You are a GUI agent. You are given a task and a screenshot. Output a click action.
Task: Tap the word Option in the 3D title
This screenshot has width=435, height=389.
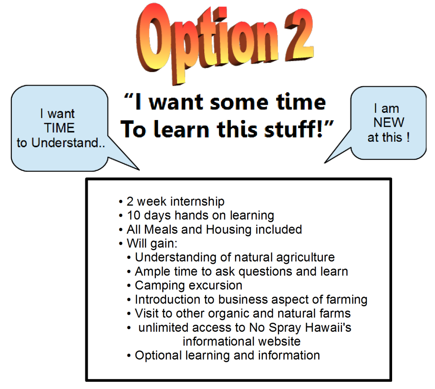click(x=207, y=42)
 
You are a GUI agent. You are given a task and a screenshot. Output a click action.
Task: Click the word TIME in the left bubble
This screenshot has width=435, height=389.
click(x=59, y=128)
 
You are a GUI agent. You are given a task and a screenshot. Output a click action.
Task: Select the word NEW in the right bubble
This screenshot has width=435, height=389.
click(x=389, y=123)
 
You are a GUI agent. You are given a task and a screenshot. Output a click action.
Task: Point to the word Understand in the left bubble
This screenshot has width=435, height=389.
click(x=65, y=143)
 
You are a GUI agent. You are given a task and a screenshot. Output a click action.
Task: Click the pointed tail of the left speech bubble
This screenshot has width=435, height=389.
click(x=139, y=169)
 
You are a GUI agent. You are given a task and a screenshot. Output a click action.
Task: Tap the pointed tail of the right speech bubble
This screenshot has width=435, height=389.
click(x=325, y=162)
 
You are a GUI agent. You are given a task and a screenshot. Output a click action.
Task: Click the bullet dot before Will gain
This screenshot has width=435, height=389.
click(x=121, y=244)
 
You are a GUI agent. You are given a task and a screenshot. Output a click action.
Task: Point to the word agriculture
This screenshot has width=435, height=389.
click(x=305, y=257)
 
